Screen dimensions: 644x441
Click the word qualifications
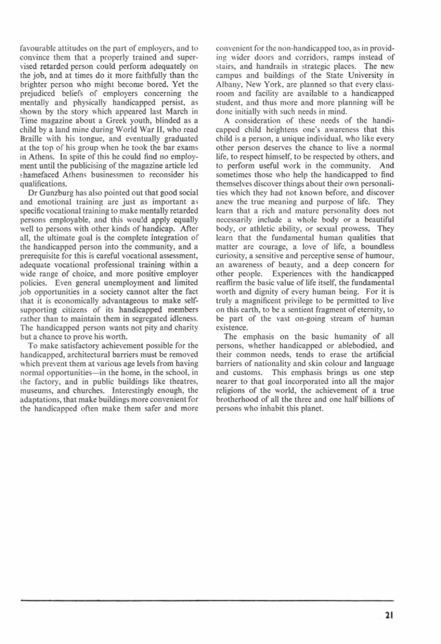point(45,198)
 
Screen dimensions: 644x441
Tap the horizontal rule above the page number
point(207,600)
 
